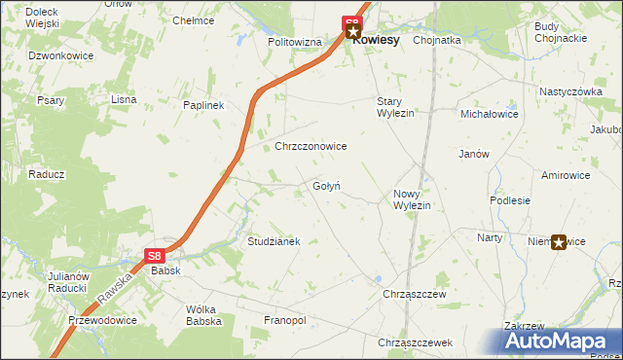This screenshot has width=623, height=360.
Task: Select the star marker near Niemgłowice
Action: tap(559, 242)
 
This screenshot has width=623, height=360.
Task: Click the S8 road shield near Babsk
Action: tap(155, 256)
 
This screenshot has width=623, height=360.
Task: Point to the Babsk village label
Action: tap(165, 271)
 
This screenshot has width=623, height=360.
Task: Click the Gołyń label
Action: tap(325, 186)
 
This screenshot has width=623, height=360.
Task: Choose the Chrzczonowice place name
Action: tap(311, 146)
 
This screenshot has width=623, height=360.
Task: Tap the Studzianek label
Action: tap(274, 240)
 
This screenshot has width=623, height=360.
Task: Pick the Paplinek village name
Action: tap(204, 105)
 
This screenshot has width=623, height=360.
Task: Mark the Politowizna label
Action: tap(294, 43)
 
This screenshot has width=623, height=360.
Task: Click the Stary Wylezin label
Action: tap(395, 107)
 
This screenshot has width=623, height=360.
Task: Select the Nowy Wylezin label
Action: tap(411, 199)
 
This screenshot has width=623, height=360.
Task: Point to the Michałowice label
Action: tap(490, 114)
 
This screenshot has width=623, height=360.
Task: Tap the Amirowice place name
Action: tap(566, 175)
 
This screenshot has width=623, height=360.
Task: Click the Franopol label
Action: tap(285, 320)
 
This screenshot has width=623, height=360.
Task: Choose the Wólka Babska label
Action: tap(202, 315)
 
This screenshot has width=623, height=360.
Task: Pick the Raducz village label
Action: tap(46, 174)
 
